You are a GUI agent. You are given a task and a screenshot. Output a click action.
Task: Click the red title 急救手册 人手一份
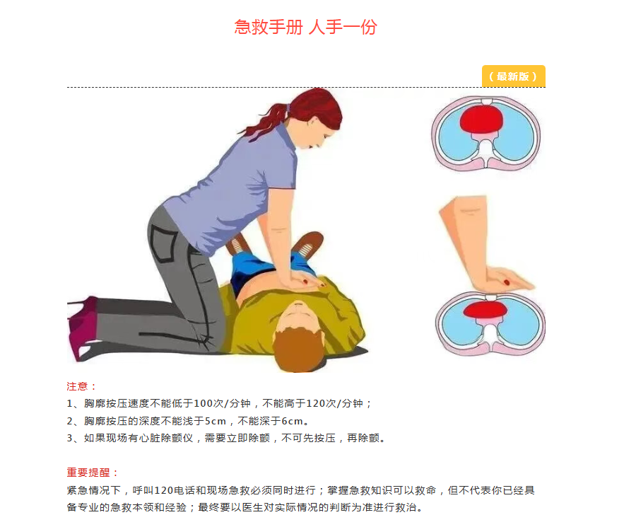tap(305, 27)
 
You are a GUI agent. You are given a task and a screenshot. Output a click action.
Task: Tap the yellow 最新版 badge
tap(514, 76)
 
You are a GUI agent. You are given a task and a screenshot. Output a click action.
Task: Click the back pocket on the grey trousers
tap(163, 243)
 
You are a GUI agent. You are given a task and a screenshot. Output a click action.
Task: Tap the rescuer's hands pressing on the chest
tap(304, 281)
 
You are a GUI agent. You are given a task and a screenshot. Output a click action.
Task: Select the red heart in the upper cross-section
tap(481, 119)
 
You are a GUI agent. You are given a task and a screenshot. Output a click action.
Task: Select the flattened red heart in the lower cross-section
tap(485, 310)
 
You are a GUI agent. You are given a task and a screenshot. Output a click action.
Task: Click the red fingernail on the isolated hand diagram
tap(507, 282)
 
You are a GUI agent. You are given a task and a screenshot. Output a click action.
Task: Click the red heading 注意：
tap(81, 386)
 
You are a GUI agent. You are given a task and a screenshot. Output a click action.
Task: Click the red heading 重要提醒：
tap(92, 473)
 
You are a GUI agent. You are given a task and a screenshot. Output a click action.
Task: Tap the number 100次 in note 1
tap(208, 404)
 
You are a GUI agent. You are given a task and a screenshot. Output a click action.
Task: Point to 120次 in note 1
tap(321, 404)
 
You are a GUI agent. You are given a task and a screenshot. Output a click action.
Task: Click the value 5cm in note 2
tap(215, 421)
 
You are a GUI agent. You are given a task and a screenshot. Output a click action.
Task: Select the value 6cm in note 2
tap(292, 421)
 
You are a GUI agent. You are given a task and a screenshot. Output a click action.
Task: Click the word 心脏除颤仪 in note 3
tap(166, 438)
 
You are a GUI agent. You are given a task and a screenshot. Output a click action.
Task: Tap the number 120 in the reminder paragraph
tap(164, 490)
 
